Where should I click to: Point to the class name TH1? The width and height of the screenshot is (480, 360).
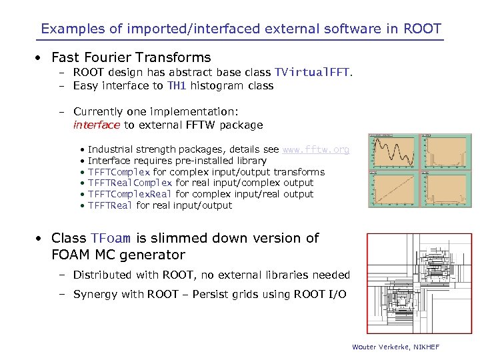pos(177,85)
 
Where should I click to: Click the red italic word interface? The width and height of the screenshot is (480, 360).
pos(97,125)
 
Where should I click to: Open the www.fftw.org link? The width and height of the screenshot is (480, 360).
pos(315,149)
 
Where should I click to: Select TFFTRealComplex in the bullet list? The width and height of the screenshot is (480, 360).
pos(130,183)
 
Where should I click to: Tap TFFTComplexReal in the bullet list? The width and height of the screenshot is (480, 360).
pos(130,194)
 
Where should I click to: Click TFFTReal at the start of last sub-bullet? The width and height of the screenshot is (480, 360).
pos(111,205)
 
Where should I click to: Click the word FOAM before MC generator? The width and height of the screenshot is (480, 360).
pos(71,255)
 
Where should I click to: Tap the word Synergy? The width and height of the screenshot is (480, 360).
pos(95,294)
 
